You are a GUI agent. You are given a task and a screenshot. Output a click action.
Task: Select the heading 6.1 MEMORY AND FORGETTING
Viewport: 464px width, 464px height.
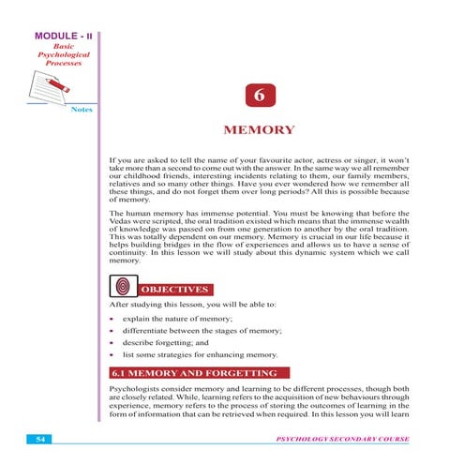[194, 374]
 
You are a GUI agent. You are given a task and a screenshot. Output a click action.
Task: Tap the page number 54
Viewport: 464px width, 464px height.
[39, 437]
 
